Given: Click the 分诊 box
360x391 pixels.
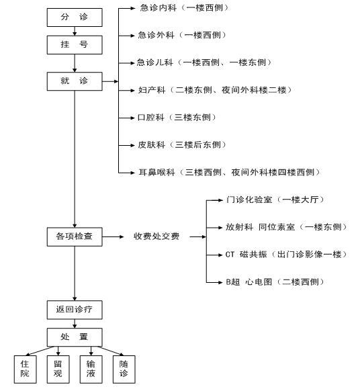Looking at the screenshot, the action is (x=75, y=17).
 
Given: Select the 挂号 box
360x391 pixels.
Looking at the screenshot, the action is (x=75, y=45).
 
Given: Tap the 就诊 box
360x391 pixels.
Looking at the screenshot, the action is (x=75, y=81).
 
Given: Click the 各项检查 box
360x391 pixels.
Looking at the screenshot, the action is (x=75, y=236).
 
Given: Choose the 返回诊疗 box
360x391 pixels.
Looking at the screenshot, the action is (x=75, y=310).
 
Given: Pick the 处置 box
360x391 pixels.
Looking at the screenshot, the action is (x=75, y=337).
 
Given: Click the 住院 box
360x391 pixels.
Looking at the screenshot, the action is (x=25, y=369).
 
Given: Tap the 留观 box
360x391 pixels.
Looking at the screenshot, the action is (x=58, y=369).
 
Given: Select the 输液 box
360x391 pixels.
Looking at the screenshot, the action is (x=91, y=369).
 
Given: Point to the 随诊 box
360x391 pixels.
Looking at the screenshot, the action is (x=124, y=369).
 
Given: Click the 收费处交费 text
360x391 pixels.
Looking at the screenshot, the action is (x=156, y=236).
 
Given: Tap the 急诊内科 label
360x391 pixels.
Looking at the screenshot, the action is (x=159, y=8).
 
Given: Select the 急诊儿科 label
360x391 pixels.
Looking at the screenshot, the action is (x=155, y=62).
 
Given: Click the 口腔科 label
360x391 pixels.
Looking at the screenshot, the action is (x=151, y=117).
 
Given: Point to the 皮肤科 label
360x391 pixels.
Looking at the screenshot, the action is (x=152, y=144).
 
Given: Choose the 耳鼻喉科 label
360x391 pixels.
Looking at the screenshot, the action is (x=156, y=172).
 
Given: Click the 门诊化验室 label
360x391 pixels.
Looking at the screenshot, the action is (x=249, y=200).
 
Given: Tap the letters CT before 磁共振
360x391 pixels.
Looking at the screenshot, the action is (x=230, y=255).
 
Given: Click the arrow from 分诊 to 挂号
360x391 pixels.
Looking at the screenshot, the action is (x=75, y=31).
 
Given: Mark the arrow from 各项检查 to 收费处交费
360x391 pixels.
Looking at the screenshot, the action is (x=113, y=236).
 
